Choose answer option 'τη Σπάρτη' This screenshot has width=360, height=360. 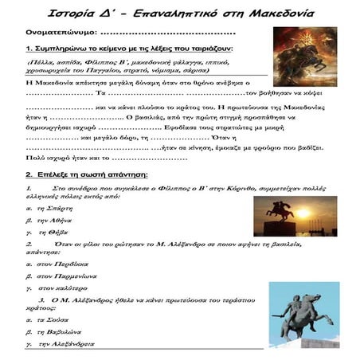(55, 229)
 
